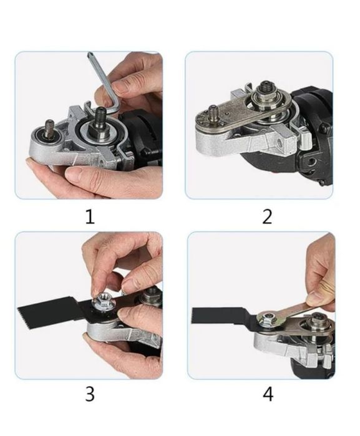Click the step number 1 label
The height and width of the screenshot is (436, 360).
pyautogui.click(x=90, y=216)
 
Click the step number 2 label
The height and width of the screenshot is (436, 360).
pyautogui.click(x=267, y=216)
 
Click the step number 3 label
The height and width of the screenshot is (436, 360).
pyautogui.click(x=90, y=394)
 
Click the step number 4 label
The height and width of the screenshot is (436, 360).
pyautogui.click(x=268, y=394)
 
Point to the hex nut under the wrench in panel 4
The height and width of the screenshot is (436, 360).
pyautogui.click(x=268, y=318)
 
